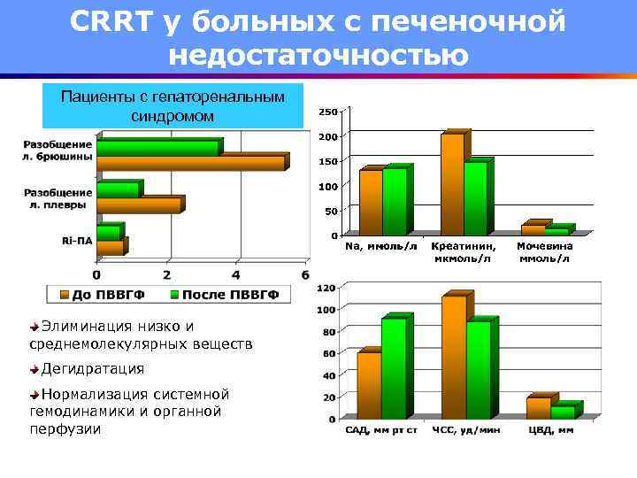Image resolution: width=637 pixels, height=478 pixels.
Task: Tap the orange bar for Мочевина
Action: [x=533, y=229]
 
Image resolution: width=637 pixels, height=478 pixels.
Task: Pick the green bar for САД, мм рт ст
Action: [x=394, y=368]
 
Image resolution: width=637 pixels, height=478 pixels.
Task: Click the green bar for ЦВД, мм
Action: [x=562, y=412]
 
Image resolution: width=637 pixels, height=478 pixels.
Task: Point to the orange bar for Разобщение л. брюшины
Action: [x=190, y=163]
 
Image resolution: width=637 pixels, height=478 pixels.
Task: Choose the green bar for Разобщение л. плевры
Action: [x=118, y=189]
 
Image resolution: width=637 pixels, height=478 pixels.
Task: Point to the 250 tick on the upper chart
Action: [x=327, y=112]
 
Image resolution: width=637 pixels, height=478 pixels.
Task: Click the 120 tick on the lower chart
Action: [x=326, y=288]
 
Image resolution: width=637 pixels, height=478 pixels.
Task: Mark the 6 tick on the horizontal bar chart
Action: [x=305, y=275]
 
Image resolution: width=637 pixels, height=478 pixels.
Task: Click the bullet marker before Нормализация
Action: [x=34, y=393]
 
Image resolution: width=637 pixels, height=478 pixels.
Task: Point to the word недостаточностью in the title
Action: [x=318, y=55]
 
